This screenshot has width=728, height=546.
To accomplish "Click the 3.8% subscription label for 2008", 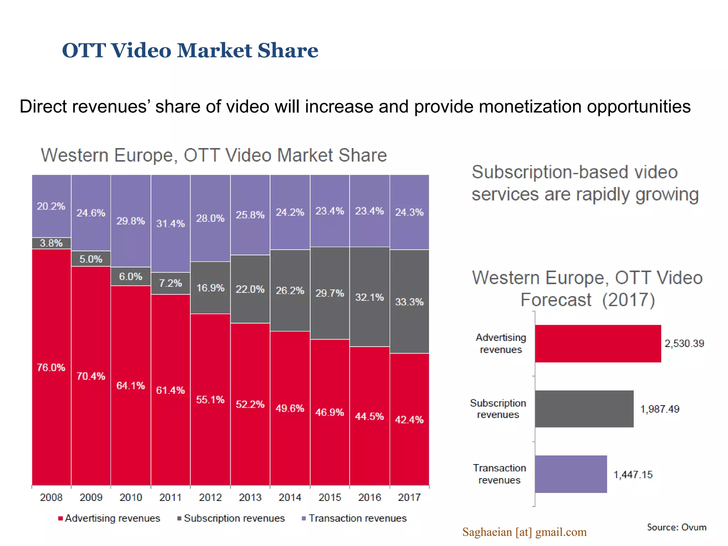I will [51, 243].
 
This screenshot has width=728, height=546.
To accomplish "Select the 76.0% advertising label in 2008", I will [51, 367].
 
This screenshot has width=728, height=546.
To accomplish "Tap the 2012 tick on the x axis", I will [210, 497].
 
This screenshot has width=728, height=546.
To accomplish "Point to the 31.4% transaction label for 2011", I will [170, 224].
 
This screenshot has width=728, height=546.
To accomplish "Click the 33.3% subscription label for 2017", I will [409, 302].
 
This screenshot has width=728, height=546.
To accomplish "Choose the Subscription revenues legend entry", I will [231, 518].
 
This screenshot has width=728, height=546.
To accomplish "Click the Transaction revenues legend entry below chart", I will [354, 518].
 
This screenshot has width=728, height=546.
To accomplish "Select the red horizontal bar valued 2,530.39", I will [598, 343].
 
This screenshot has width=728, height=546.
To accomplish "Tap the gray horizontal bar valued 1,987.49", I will [584, 409].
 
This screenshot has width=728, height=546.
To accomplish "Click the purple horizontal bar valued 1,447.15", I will [571, 474].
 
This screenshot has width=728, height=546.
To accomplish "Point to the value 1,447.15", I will [633, 475].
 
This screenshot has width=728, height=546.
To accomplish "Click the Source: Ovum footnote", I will [676, 527].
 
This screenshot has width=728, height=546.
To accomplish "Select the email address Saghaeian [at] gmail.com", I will [524, 532].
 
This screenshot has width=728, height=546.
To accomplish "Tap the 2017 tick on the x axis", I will [409, 497].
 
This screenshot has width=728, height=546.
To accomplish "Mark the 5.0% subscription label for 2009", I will [91, 259].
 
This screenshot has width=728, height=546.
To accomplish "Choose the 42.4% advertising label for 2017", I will [409, 420].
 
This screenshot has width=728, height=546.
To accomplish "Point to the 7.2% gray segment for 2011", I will [170, 283].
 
